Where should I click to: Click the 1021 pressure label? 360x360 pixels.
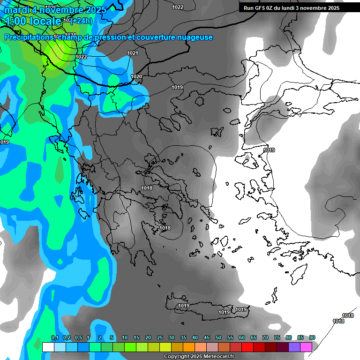tap(133, 53)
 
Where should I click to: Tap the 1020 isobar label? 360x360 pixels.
tap(136, 76)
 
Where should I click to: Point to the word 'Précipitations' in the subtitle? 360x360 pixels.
tap(29, 37)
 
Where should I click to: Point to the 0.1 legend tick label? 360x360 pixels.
tap(54, 338)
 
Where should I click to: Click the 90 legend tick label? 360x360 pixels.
tap(312, 338)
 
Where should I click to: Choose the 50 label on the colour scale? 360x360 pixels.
tap(218, 338)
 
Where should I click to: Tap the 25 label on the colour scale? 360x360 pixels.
tap(160, 338)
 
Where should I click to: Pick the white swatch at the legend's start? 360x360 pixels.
tap(48, 347)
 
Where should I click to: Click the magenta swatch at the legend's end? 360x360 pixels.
tap(306, 347)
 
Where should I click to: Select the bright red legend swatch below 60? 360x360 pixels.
tap(247, 347)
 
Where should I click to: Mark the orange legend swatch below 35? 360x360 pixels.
tap(189, 347)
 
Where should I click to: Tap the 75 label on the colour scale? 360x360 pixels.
tap(277, 338)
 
